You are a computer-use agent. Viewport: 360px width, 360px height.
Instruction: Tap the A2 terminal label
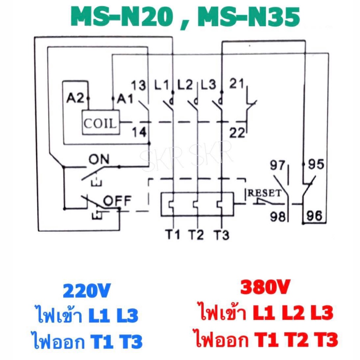(75, 98)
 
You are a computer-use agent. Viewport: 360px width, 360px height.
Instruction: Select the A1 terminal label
(125, 99)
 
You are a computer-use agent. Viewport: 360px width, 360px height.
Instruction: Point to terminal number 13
(139, 85)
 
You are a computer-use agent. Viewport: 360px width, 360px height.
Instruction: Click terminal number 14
(139, 132)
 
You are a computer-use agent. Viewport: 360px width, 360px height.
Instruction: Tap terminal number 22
(237, 133)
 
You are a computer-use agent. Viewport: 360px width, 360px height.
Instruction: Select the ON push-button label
(99, 159)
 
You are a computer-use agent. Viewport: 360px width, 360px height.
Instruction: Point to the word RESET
(264, 193)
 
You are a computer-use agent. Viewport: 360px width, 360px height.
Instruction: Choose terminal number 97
(277, 165)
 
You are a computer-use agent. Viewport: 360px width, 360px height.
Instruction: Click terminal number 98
(278, 216)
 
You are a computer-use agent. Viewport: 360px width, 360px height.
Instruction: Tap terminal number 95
(316, 164)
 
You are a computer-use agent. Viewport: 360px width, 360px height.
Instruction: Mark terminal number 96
(315, 216)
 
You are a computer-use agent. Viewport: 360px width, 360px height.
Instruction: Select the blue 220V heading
(87, 290)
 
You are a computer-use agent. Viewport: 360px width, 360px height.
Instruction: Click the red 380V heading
(265, 287)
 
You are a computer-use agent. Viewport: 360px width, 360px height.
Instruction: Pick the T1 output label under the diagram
(173, 234)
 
